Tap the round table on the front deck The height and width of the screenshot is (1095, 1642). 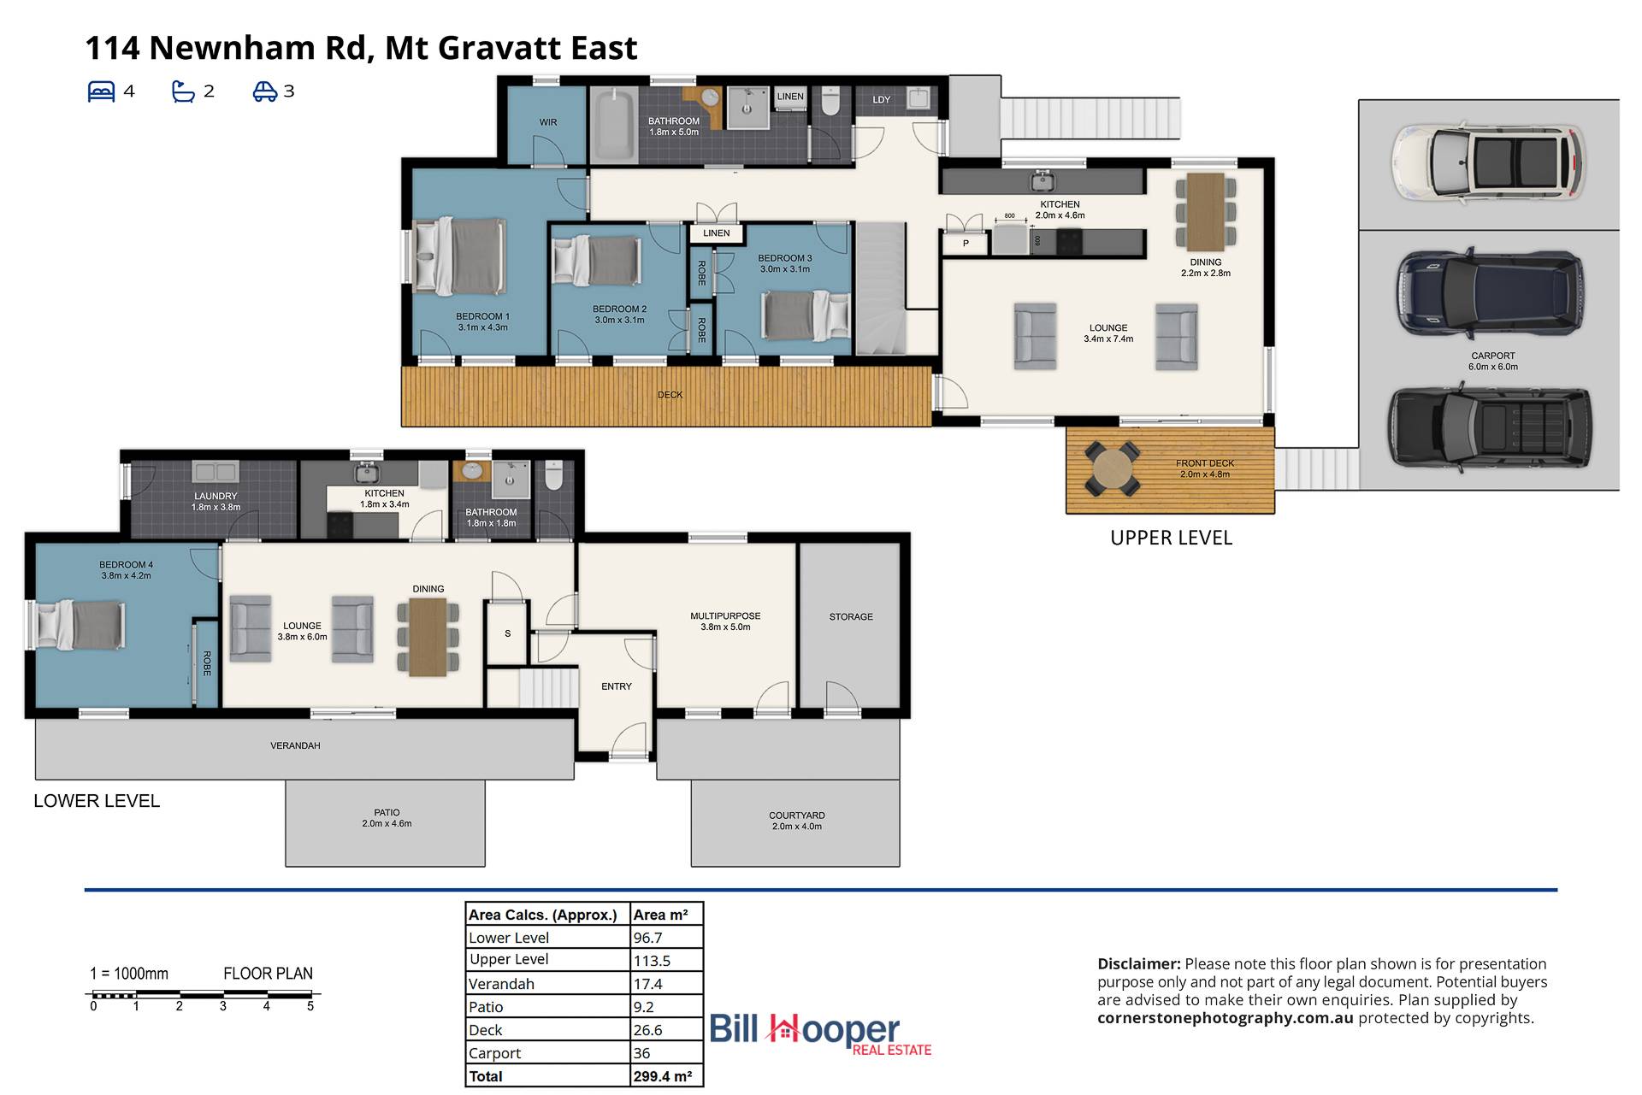tap(1112, 468)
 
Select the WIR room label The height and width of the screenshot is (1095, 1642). tap(548, 122)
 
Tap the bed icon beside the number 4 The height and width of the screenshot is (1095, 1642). tap(101, 91)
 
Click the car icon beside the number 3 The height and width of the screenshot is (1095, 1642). tap(264, 91)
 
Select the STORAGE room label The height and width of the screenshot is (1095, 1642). tap(851, 616)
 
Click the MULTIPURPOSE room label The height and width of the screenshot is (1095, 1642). tap(725, 615)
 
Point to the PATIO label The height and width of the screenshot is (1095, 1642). tap(387, 812)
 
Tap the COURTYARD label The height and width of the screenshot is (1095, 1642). tap(796, 815)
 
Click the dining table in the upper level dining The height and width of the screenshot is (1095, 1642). tap(1206, 211)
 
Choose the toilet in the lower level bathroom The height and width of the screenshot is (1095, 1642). tap(554, 475)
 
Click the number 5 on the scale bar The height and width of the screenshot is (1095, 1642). tap(310, 1006)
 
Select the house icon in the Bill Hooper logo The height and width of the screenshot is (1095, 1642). tap(783, 1029)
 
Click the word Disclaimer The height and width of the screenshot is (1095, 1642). tap(1138, 963)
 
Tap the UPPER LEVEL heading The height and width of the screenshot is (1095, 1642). tap(1171, 538)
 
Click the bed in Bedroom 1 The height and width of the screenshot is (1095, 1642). tap(460, 256)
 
